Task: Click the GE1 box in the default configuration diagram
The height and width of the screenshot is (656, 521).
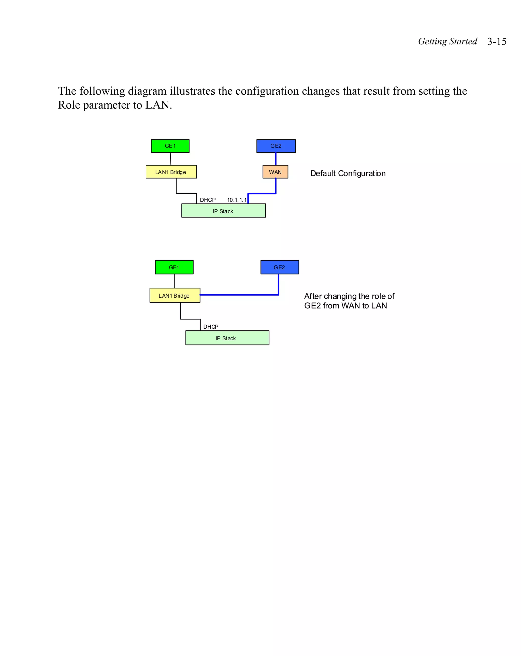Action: tap(170, 146)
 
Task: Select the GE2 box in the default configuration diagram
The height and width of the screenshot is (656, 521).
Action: tap(276, 146)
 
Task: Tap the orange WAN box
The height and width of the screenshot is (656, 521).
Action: tap(275, 172)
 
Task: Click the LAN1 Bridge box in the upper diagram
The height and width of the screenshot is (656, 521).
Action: tap(171, 172)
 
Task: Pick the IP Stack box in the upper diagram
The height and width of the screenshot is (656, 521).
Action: tap(223, 211)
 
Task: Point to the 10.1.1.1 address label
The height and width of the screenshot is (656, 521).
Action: tap(237, 200)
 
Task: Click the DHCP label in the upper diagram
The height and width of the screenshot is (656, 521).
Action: tap(208, 200)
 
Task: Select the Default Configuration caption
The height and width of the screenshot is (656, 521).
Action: tap(348, 173)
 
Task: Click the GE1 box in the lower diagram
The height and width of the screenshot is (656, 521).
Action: tap(174, 267)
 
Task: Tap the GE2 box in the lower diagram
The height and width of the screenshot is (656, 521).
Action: tap(279, 267)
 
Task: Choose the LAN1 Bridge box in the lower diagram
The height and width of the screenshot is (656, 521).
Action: tap(175, 296)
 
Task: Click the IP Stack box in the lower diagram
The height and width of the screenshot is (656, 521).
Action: tap(227, 338)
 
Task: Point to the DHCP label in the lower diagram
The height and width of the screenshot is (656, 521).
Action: tap(211, 327)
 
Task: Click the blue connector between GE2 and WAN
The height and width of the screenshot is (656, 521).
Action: tap(276, 159)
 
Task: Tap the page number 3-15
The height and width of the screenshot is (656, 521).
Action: tap(497, 41)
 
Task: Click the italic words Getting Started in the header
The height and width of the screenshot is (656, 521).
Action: tap(447, 41)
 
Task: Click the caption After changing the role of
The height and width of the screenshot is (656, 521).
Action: tap(349, 296)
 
